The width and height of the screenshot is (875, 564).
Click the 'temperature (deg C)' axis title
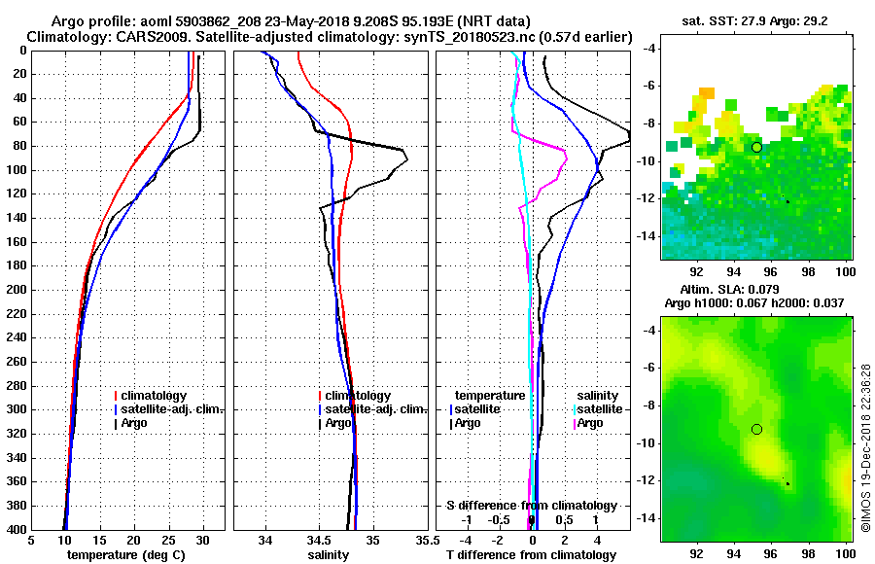click(125, 555)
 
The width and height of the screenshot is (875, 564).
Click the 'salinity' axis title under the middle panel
click(331, 555)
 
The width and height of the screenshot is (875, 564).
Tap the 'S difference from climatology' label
click(532, 506)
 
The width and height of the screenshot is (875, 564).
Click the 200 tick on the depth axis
click(18, 290)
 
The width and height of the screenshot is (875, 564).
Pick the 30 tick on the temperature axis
click(203, 542)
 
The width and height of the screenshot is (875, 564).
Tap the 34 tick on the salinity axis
click(266, 542)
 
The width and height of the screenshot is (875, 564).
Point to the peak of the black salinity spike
click(406, 159)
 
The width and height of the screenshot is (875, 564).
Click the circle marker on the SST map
click(756, 147)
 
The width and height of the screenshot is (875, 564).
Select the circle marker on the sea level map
click(756, 429)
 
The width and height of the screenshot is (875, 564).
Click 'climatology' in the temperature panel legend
click(152, 396)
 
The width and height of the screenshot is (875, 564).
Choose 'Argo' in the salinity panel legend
click(338, 423)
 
